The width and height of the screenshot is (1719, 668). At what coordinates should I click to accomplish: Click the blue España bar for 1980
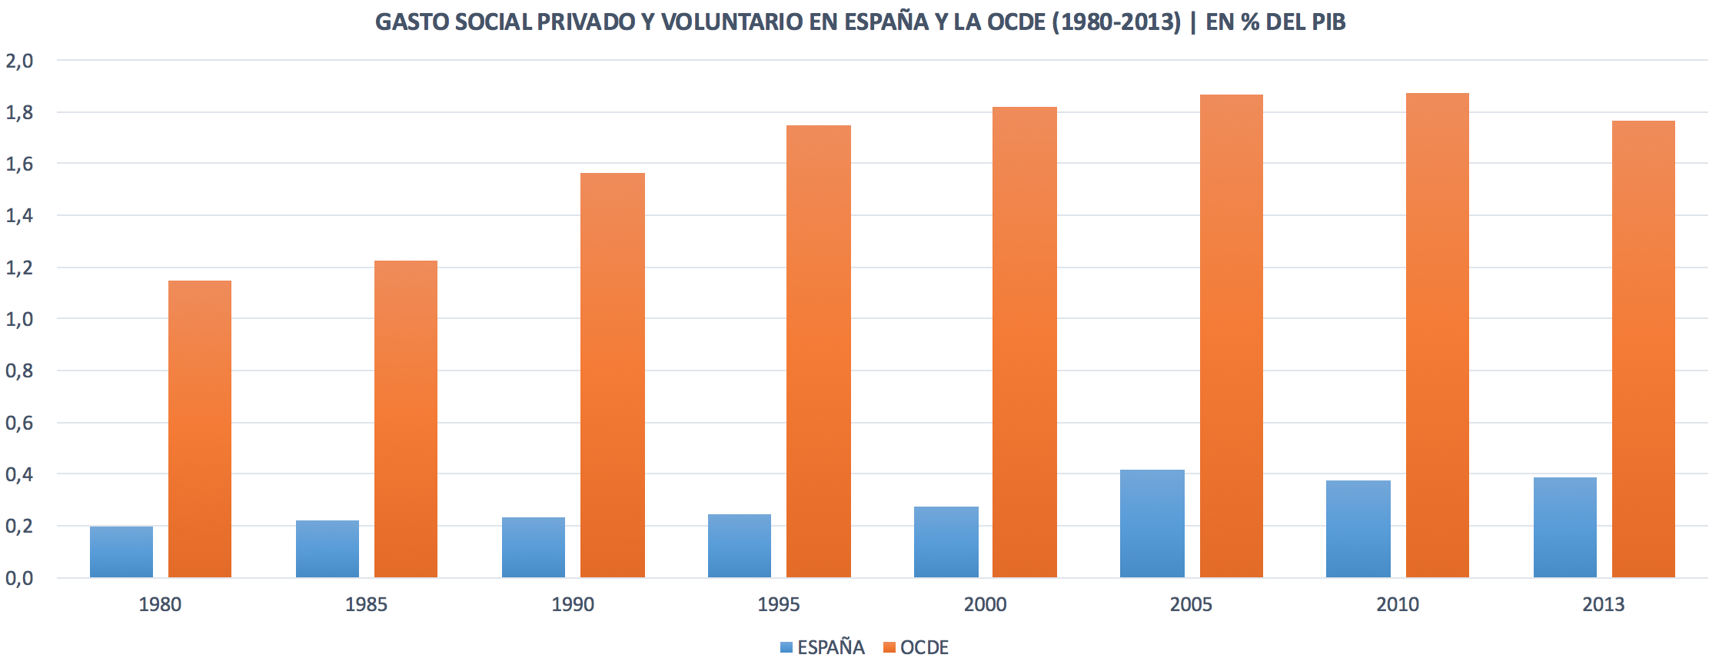(121, 552)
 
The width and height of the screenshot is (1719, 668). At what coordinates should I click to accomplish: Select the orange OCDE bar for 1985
(406, 419)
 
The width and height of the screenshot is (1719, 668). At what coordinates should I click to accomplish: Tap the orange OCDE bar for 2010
(1437, 336)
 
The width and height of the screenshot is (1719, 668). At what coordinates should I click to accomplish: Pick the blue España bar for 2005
(1152, 523)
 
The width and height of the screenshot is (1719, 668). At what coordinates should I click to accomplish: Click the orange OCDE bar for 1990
(612, 375)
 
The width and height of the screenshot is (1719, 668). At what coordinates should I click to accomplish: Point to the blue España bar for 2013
(1564, 527)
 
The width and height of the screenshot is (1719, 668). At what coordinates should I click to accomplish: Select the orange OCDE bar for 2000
(1024, 342)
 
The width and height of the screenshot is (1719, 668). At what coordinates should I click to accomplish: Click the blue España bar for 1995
(740, 546)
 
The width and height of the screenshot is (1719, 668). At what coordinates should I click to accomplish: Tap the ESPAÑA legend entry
(823, 647)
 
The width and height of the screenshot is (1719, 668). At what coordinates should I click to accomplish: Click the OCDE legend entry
(916, 647)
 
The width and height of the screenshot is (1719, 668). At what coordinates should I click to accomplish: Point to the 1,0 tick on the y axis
(19, 319)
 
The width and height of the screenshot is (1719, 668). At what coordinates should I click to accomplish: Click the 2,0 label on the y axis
(19, 61)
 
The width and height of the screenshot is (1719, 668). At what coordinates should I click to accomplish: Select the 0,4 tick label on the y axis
(19, 474)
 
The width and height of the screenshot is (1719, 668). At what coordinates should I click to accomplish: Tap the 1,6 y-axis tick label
(19, 164)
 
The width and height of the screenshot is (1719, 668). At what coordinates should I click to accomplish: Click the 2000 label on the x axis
(985, 604)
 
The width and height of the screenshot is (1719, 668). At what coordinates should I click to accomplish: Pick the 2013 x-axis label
(1603, 604)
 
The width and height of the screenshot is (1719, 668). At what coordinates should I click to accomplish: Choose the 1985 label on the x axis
(366, 604)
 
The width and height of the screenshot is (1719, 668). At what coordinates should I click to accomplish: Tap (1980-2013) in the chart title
(1116, 22)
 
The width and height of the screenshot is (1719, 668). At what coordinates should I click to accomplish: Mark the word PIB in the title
(1328, 22)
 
